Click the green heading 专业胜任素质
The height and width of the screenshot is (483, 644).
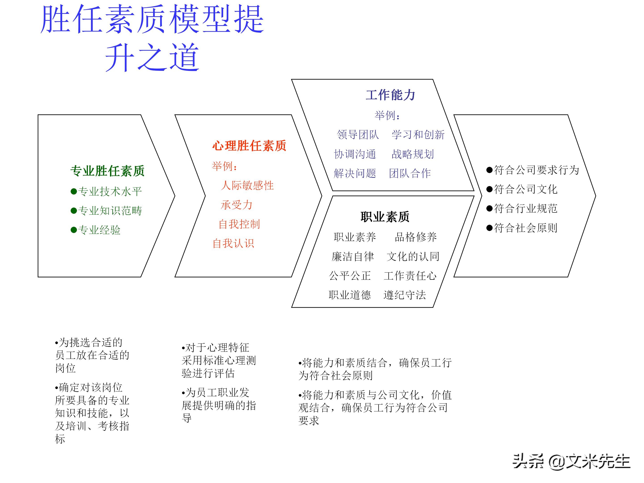click(107, 171)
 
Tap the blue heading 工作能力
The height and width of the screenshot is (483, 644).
click(390, 95)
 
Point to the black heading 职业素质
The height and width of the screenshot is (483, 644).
click(385, 217)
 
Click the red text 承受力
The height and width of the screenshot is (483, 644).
click(236, 205)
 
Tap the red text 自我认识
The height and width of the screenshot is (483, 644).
click(233, 243)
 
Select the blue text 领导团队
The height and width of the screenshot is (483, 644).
click(358, 135)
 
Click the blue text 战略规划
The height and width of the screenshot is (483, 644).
click(413, 154)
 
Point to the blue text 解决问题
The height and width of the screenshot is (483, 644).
click(355, 173)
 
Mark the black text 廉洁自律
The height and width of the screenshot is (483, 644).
click(353, 256)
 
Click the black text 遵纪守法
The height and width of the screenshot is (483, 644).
click(405, 295)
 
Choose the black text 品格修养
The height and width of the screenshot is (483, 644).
click(415, 237)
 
